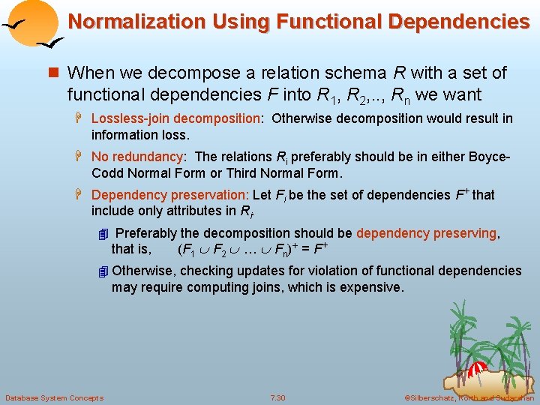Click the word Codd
pos(106,173)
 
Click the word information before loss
pos(125,135)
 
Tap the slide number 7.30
pos(278,397)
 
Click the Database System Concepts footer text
pos(54,397)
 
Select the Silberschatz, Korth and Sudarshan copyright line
pos(469,397)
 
